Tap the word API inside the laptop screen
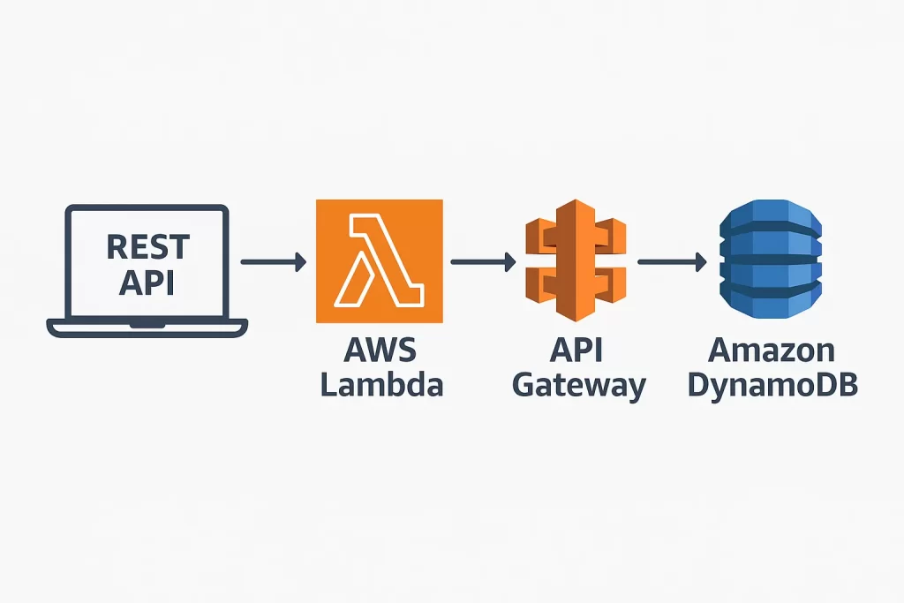point(147,283)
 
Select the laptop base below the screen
point(147,328)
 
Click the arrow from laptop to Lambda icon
point(273,261)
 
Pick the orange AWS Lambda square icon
point(379,261)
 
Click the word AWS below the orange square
point(380,350)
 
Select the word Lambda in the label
point(381,386)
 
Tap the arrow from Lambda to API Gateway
point(482,261)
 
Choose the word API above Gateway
point(576,350)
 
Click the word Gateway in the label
point(579,386)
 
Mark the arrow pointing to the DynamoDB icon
point(672,261)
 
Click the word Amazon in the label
point(772,350)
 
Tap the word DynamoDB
point(772,386)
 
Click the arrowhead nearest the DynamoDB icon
point(700,261)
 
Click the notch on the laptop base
point(147,325)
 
